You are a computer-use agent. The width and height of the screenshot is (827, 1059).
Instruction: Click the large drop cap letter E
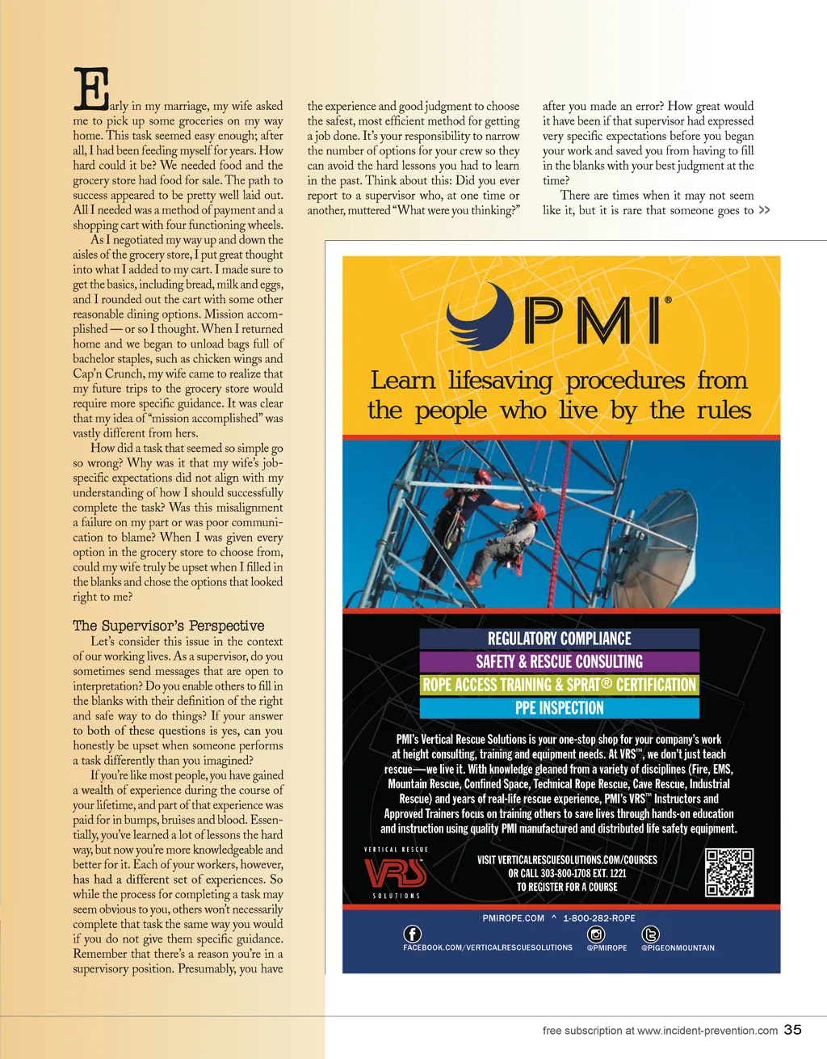tap(91, 89)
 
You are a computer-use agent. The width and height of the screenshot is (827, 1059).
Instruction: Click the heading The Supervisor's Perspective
tap(168, 626)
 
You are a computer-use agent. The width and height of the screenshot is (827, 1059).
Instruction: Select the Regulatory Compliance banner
tap(559, 639)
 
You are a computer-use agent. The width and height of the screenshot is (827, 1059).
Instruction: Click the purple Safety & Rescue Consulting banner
tap(559, 662)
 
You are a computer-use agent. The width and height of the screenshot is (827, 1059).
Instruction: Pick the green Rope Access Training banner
tap(559, 685)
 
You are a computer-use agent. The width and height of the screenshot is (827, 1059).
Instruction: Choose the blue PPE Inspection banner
tap(559, 708)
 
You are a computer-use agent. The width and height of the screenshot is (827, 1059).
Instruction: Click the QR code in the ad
tap(729, 872)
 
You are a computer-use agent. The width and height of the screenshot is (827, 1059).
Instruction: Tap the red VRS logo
tap(395, 873)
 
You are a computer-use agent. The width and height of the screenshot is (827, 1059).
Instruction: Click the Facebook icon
tap(412, 934)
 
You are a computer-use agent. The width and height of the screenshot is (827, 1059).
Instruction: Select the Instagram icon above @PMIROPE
tap(597, 934)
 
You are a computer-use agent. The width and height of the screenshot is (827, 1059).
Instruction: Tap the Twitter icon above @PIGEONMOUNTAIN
tap(649, 934)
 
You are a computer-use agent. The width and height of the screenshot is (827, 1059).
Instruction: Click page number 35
tap(793, 1029)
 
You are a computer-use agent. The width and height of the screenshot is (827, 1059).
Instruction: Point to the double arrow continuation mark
tap(764, 210)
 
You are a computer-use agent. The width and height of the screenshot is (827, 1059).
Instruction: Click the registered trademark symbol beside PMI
tap(667, 300)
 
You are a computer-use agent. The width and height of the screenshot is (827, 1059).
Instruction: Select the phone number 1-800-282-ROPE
tap(598, 918)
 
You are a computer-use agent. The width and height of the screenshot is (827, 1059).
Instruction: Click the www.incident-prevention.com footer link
tap(707, 1031)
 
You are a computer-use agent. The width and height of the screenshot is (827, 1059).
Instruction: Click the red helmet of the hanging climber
tap(536, 511)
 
